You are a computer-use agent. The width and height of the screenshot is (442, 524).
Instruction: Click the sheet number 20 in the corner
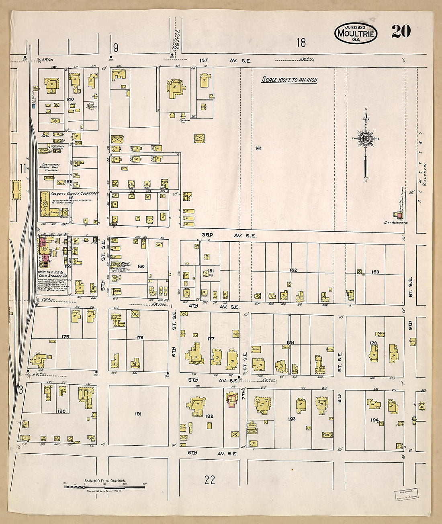tap(401, 31)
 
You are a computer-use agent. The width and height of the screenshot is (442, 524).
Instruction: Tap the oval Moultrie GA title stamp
tap(356, 33)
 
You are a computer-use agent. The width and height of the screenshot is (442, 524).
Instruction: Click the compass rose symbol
tap(366, 139)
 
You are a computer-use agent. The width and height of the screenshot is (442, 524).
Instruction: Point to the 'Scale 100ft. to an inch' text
tap(289, 80)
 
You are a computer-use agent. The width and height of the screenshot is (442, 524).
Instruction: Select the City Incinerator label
tap(396, 222)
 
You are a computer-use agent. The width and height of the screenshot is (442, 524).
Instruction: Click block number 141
tap(258, 148)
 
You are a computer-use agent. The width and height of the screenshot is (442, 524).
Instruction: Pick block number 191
tap(138, 414)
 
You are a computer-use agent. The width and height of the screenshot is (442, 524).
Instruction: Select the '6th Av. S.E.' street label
tap(213, 453)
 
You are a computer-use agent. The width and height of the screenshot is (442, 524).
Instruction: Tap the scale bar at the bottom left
tap(104, 487)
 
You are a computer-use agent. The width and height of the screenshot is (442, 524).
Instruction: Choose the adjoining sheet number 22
tap(209, 480)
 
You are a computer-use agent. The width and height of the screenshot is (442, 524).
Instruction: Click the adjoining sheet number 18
tap(301, 42)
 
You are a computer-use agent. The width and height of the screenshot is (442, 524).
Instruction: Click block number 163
tap(375, 272)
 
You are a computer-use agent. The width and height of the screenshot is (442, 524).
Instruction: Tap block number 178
tap(290, 343)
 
